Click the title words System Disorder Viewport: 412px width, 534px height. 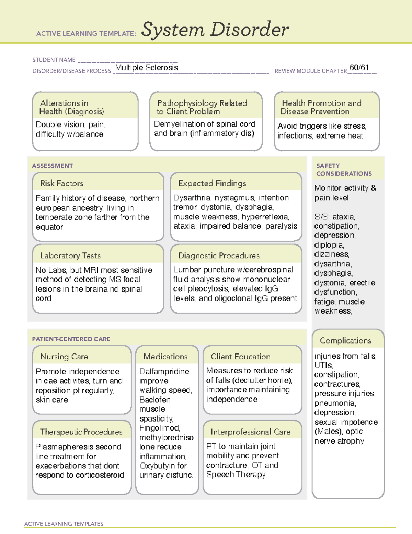215,30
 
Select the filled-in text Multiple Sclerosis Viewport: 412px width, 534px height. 147,68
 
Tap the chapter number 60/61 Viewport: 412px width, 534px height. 359,67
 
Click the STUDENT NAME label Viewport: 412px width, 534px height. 54,60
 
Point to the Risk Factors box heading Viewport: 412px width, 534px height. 62,183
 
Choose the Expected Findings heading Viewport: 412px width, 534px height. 212,183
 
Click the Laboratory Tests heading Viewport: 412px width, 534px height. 70,255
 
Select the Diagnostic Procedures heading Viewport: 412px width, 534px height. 219,255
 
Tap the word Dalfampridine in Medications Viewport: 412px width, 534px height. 164,371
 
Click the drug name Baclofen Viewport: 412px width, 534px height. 155,400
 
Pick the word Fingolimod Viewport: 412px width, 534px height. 159,428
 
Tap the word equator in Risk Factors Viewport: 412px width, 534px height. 49,227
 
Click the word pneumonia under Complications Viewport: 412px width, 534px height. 335,403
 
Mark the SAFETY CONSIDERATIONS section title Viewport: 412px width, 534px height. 344,170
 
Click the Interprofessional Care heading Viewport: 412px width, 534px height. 250,432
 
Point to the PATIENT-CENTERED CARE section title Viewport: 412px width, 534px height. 71,339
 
